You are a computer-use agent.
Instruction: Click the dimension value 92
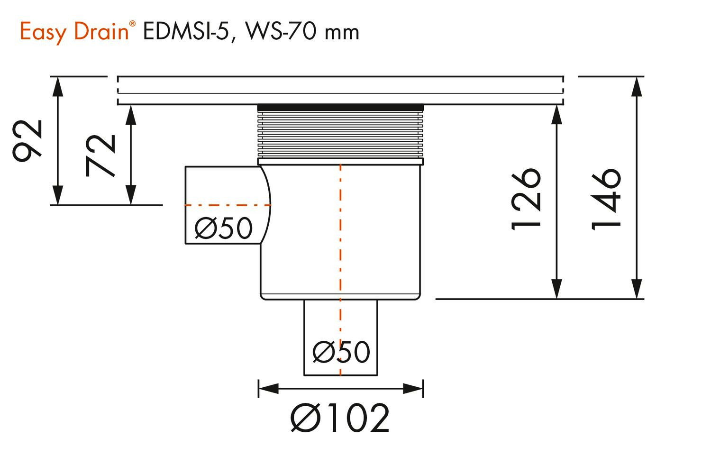click(x=27, y=141)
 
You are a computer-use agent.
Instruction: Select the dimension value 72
click(x=100, y=155)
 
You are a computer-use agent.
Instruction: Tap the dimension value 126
click(x=526, y=199)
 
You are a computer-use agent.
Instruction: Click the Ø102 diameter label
click(x=340, y=418)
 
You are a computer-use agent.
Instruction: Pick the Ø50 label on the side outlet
click(x=223, y=228)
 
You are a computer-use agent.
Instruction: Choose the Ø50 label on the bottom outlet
click(x=341, y=352)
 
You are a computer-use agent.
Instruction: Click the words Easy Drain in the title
click(x=74, y=32)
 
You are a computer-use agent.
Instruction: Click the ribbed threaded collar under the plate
click(x=340, y=134)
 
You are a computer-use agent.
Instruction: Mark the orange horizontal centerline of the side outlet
click(x=228, y=205)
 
